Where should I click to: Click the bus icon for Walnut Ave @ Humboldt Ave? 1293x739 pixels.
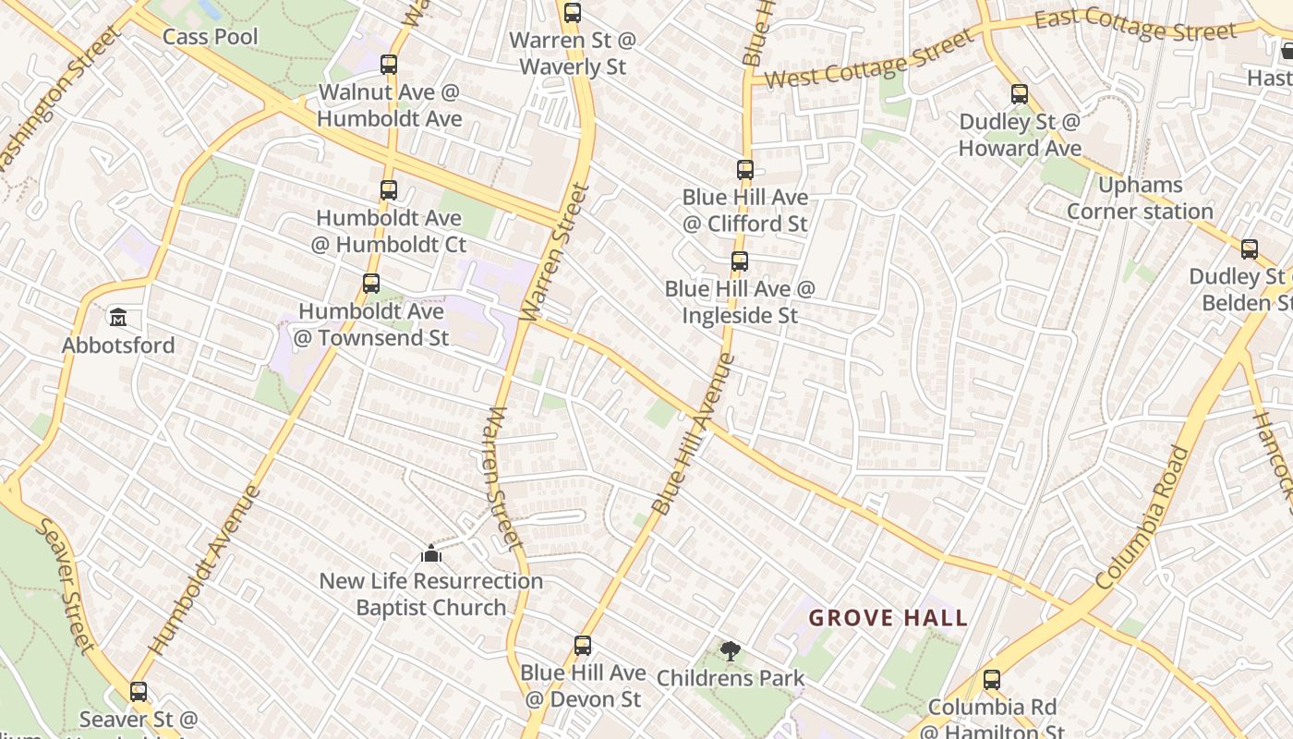(389, 65)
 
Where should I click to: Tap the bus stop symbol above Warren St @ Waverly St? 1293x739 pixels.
(573, 13)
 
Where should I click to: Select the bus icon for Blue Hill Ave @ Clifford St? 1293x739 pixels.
(745, 170)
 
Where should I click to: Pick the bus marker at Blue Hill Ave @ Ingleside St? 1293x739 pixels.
(740, 261)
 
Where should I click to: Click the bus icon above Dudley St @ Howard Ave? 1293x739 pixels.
(1020, 94)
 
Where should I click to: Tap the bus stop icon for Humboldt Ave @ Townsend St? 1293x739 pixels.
(371, 284)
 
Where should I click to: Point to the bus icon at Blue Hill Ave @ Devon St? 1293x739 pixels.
(583, 646)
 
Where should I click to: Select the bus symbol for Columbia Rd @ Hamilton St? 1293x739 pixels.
(992, 681)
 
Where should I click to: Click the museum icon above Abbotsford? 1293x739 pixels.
(118, 319)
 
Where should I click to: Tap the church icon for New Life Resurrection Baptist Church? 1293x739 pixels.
(431, 554)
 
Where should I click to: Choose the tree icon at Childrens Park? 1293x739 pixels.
(731, 651)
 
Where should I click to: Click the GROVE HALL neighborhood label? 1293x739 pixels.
(888, 618)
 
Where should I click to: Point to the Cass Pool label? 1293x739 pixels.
(211, 37)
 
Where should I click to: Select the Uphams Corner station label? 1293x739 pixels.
(1140, 199)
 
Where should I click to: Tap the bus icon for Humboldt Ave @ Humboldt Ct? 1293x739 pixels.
(389, 190)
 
